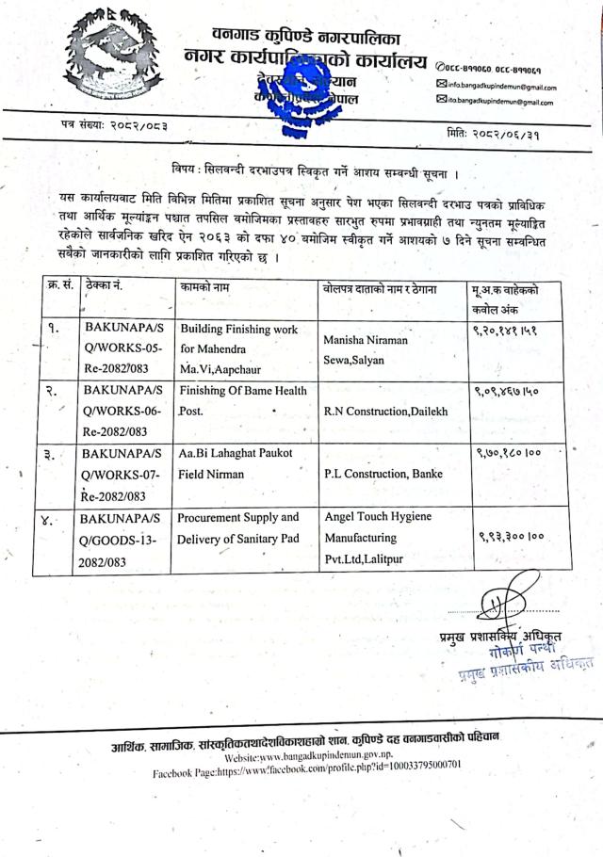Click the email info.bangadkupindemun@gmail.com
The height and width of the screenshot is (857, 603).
pyautogui.click(x=497, y=85)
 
